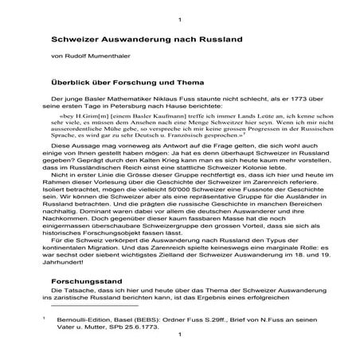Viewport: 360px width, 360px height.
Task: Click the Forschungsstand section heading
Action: click(88, 304)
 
